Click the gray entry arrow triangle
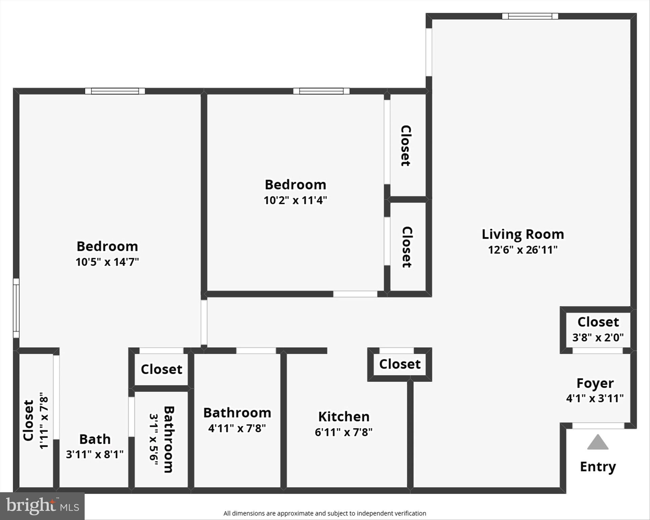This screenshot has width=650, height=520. pos(598,443)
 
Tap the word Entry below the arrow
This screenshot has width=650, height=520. pos(598,467)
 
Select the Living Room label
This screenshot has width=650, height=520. pos(523,234)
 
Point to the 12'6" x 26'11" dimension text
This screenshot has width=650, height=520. pos(523,250)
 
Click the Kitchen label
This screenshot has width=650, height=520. pos(344,416)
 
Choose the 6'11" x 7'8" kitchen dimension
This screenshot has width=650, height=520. pos(344,432)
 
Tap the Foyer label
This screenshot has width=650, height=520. pos(595,383)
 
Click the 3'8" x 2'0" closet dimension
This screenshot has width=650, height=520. pos(598,337)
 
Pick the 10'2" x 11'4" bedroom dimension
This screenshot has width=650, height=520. pos(295,200)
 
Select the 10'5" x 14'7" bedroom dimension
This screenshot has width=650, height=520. pos(107,262)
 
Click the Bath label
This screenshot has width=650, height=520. pos(95,439)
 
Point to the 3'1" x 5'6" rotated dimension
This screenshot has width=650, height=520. pos(154,439)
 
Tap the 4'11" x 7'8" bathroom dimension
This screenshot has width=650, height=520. pos(237,428)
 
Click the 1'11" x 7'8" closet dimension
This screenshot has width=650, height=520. pos(44,420)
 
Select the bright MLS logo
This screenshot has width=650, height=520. pos(42,506)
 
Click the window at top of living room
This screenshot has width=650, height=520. pos(530,16)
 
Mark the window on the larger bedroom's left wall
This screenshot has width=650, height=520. pos(16,308)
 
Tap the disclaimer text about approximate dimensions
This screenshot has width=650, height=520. pos(325,513)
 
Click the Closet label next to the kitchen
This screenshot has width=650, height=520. pos(400,364)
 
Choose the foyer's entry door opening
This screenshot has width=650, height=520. pos(598,426)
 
